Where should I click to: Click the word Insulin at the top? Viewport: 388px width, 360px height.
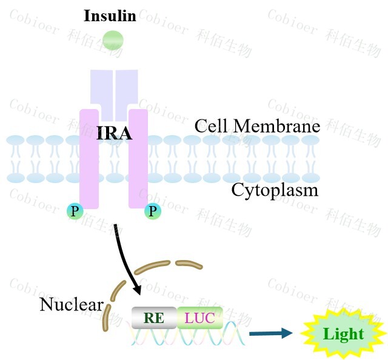coord(110,15)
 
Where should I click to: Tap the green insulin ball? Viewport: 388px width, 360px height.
coord(113,40)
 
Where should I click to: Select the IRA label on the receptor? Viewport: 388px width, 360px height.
coord(114,133)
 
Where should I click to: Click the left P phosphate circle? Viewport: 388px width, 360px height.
coord(75,211)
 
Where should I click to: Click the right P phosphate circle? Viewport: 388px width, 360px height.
coord(152,211)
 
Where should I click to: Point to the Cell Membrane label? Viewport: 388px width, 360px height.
coord(257,126)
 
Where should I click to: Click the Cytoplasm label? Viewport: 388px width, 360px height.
coord(275,190)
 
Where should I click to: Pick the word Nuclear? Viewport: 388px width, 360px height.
coord(71,304)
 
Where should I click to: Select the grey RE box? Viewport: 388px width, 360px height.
coord(154,317)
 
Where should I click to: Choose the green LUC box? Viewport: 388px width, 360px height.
coord(200,317)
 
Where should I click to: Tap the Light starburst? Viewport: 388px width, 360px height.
coord(343,333)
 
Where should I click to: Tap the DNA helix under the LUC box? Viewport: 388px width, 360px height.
coord(200,335)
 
